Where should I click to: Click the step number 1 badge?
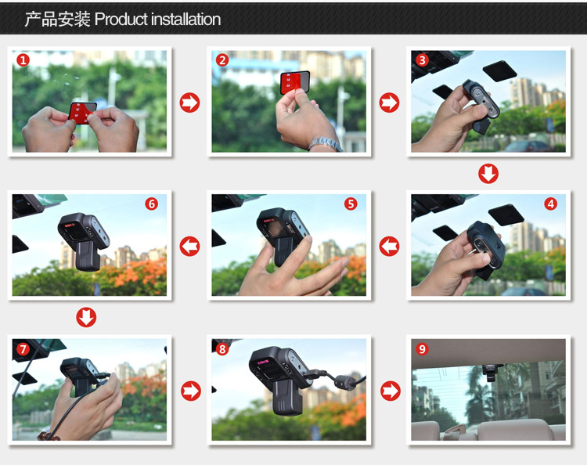coord(23,60)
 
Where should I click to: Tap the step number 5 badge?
coord(351,204)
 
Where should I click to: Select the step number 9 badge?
coord(423,349)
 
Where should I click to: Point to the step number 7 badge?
coord(23,349)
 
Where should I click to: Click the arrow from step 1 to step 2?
coord(190,103)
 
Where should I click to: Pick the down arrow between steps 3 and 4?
coord(488,173)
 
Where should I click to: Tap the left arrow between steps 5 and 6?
coord(190,247)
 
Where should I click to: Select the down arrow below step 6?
coord(86,317)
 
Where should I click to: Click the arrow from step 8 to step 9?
coord(391,391)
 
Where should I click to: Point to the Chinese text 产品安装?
coord(57,19)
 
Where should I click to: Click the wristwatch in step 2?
coord(326,145)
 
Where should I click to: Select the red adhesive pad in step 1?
coord(82,113)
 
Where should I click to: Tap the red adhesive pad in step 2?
coord(295,83)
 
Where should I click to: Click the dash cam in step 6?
coord(83,241)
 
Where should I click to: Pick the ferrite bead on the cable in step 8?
coord(345,381)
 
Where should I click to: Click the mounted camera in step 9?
coord(489,372)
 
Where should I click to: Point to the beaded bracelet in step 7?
coord(49,436)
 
